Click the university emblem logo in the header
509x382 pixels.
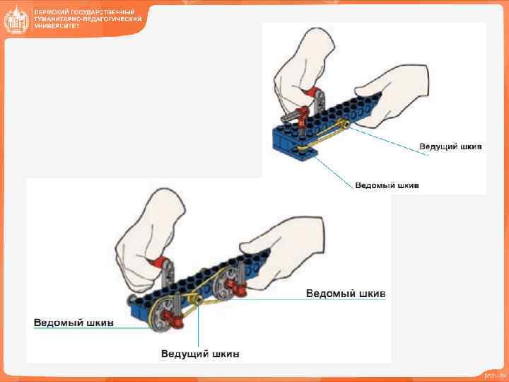click(x=16, y=19)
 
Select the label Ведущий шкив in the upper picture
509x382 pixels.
click(x=450, y=146)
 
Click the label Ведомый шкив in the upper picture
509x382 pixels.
click(x=387, y=185)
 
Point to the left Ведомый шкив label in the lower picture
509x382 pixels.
click(x=74, y=323)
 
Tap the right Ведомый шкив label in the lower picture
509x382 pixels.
click(x=346, y=293)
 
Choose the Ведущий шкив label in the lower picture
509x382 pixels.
click(x=200, y=353)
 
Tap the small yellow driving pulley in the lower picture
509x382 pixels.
click(x=199, y=302)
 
